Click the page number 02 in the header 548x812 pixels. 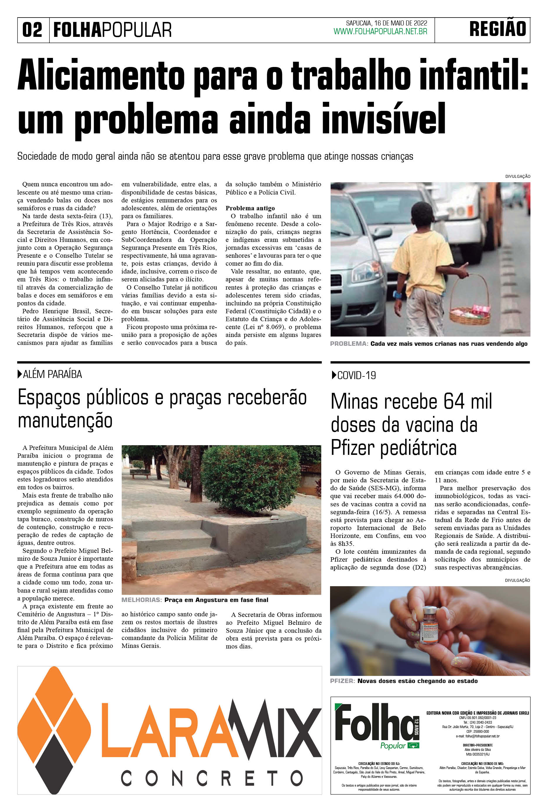(x=32, y=30)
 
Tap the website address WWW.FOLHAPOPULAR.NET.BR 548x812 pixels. (x=380, y=32)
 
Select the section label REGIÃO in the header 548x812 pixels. (x=497, y=29)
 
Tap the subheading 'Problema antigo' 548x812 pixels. (x=250, y=208)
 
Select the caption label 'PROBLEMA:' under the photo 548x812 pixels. (x=349, y=344)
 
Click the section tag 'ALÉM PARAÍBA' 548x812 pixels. (x=52, y=374)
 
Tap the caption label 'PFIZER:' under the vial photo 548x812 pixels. (x=342, y=681)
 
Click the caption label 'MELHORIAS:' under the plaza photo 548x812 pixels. (x=142, y=600)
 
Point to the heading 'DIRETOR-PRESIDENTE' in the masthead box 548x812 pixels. (x=477, y=745)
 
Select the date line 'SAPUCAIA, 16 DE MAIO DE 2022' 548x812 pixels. (x=386, y=23)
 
